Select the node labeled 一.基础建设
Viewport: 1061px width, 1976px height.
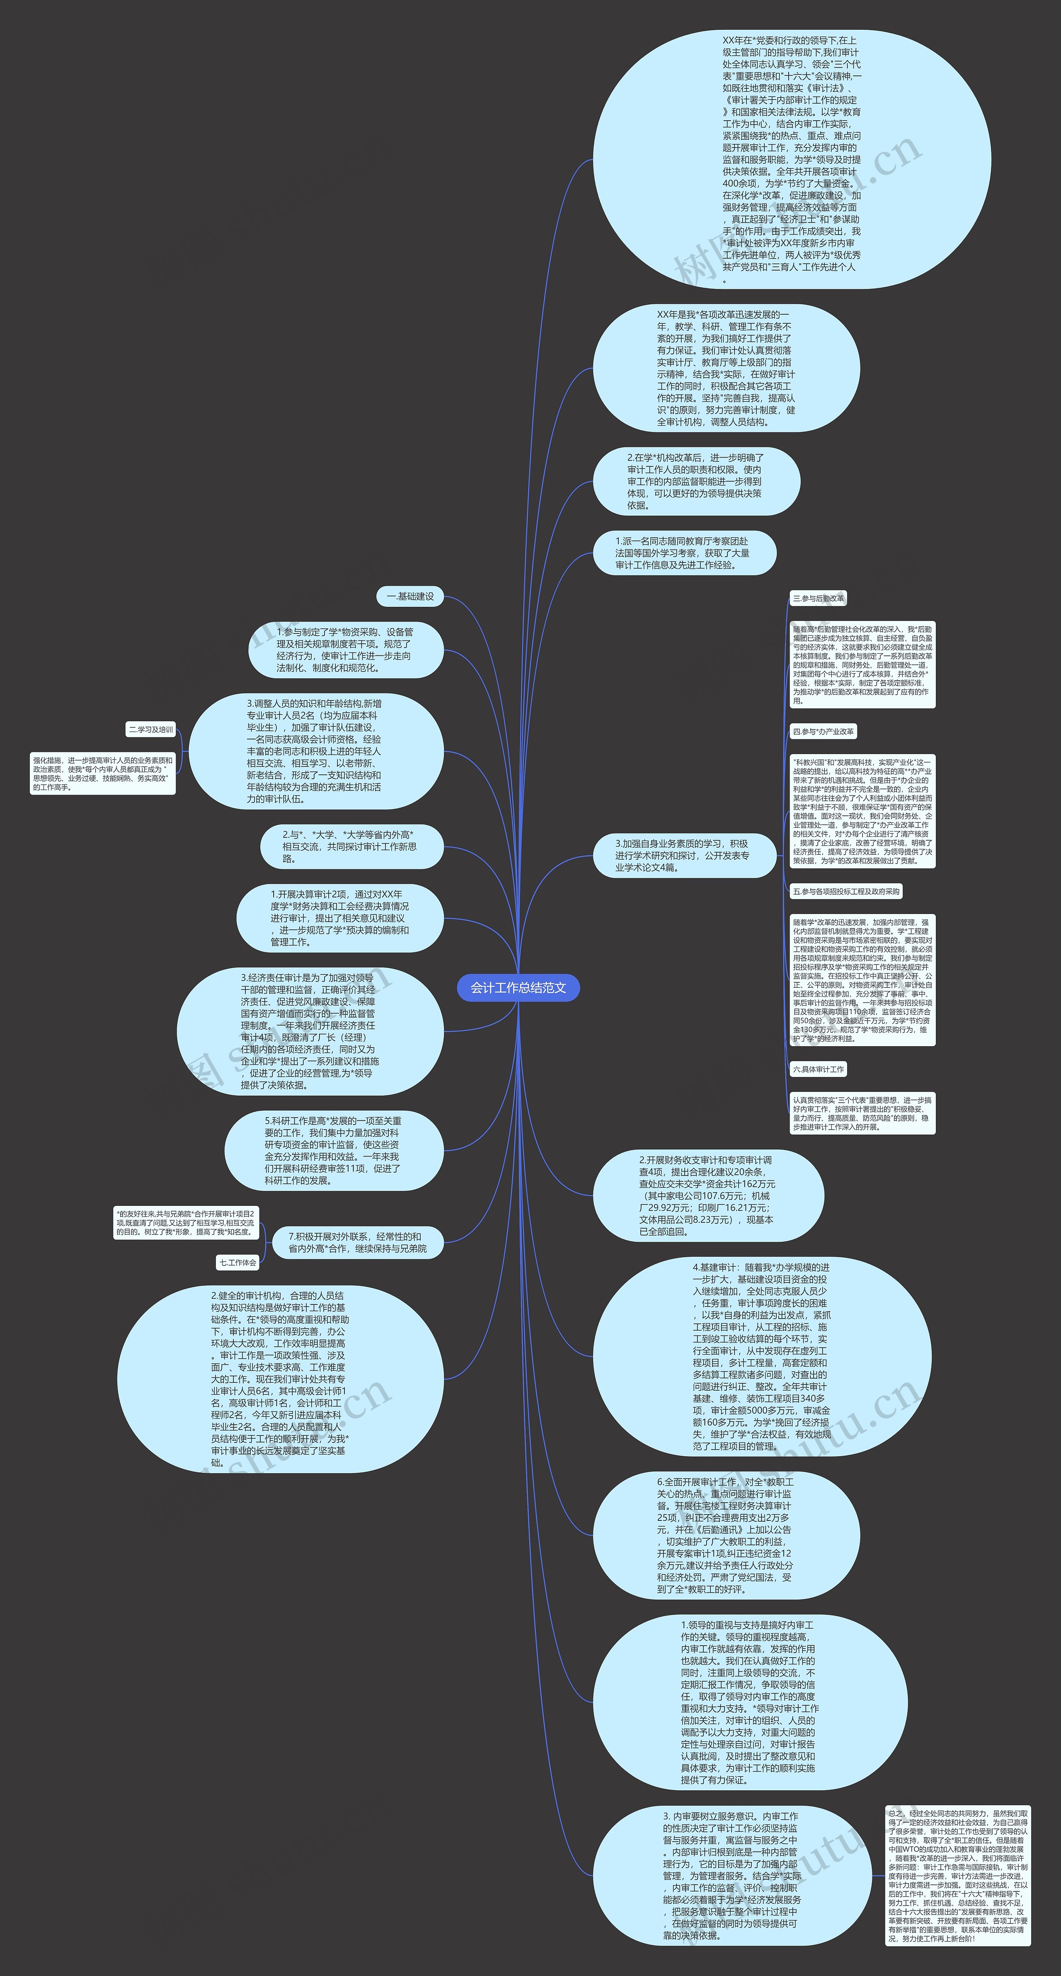(409, 596)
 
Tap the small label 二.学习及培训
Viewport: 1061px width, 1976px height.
(151, 730)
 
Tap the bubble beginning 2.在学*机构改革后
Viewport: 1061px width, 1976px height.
(696, 481)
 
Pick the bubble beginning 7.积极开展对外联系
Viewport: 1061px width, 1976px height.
(358, 1243)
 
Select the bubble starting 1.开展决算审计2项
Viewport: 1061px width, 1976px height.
(340, 918)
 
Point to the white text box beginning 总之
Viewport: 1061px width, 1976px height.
(957, 1874)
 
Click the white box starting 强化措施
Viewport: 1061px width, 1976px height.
(103, 773)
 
